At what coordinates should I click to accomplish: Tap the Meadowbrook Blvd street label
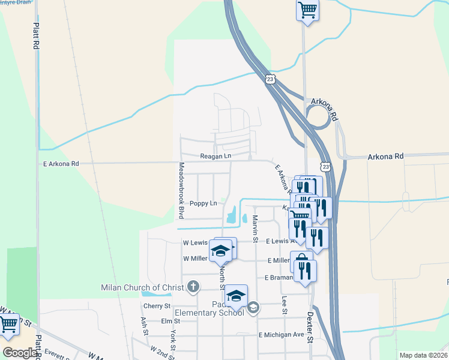(180, 190)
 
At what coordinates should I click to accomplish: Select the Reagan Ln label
(215, 156)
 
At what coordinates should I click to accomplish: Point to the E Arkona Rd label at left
(61, 163)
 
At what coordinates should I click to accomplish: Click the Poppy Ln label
(203, 203)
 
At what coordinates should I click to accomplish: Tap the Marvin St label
(255, 229)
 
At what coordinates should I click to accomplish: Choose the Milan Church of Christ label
(142, 287)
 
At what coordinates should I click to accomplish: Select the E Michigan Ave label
(282, 334)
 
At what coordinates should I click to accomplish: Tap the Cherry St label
(157, 306)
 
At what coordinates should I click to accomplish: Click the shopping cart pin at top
(307, 10)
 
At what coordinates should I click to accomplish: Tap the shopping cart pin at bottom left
(8, 325)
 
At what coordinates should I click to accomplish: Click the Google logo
(20, 353)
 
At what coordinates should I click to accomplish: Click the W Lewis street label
(194, 243)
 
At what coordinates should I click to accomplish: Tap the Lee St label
(284, 308)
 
